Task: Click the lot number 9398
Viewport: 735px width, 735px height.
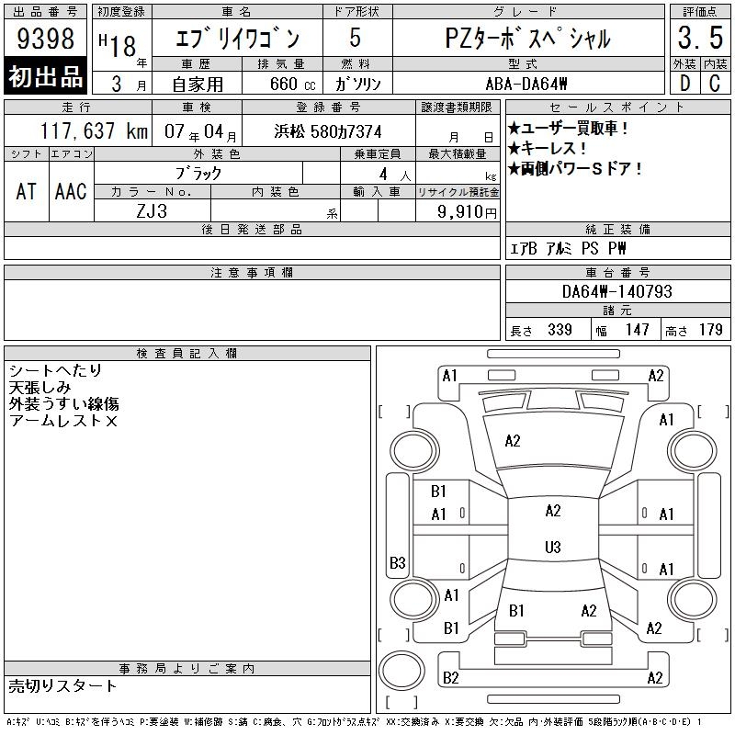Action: pyautogui.click(x=45, y=38)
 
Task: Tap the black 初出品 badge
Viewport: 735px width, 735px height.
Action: pyautogui.click(x=45, y=76)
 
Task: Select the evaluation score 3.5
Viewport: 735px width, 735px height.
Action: pyautogui.click(x=700, y=38)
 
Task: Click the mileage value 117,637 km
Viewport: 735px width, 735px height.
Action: pyautogui.click(x=94, y=130)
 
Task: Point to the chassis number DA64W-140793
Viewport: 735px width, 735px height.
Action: pyautogui.click(x=617, y=291)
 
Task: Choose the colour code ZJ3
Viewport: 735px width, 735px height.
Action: pyautogui.click(x=152, y=211)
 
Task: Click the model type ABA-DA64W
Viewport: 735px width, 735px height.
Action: pyautogui.click(x=526, y=84)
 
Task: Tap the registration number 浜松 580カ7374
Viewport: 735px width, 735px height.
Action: pyautogui.click(x=328, y=131)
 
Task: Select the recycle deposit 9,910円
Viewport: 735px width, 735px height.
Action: pyautogui.click(x=467, y=212)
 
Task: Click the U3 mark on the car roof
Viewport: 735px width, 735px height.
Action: pyautogui.click(x=553, y=547)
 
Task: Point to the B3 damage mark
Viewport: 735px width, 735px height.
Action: pyautogui.click(x=398, y=562)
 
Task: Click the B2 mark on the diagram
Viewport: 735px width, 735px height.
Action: pyautogui.click(x=450, y=678)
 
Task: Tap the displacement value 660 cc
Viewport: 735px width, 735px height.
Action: pyautogui.click(x=292, y=84)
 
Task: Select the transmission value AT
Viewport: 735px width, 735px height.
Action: pyautogui.click(x=26, y=191)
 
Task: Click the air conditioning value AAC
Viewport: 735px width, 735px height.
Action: pyautogui.click(x=71, y=191)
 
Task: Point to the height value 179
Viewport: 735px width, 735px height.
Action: pyautogui.click(x=710, y=330)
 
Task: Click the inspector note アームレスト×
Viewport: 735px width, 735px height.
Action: pyautogui.click(x=62, y=421)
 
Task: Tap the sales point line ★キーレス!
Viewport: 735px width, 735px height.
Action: pyautogui.click(x=547, y=149)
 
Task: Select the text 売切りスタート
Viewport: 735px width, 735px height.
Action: pyautogui.click(x=62, y=686)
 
